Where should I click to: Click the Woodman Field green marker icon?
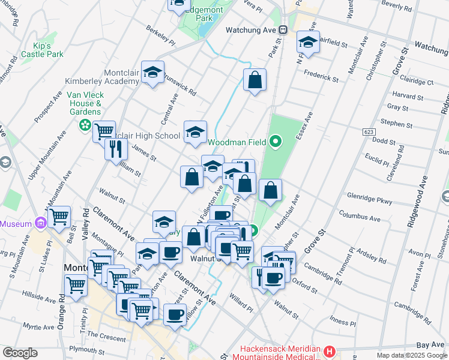276,142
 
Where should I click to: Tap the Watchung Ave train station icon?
283,29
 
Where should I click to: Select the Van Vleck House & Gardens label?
84,103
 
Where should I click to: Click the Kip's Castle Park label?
42,50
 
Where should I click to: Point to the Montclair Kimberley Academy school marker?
153,73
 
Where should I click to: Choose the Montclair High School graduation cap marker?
195,133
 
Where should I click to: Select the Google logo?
20,353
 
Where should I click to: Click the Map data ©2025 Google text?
412,355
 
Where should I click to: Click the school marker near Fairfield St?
308,43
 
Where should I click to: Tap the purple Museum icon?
41,223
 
